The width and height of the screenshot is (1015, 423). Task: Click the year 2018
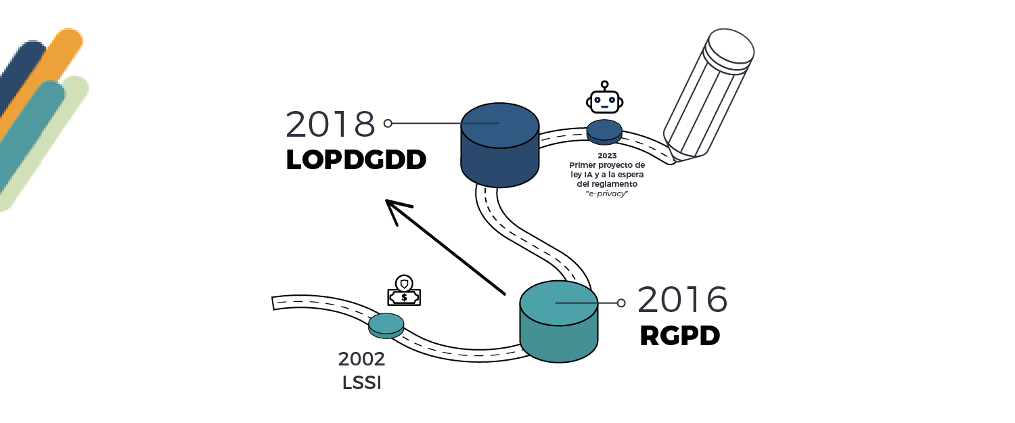330,125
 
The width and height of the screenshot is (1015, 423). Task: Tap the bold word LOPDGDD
356,160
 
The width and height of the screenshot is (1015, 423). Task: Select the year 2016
682,300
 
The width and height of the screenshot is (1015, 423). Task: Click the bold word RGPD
679,336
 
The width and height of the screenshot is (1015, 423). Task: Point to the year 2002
361,359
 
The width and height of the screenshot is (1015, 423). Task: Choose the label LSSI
362,382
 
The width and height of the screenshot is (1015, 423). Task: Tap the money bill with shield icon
404,293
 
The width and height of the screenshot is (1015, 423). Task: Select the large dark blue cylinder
499,146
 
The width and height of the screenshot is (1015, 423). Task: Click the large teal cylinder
558,323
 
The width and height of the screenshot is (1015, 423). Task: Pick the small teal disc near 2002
386,325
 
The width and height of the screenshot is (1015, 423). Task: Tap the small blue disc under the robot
604,131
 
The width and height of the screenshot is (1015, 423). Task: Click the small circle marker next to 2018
388,123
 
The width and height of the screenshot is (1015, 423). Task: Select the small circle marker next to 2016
621,303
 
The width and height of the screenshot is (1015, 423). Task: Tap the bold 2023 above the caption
607,156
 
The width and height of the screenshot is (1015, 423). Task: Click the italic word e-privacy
607,194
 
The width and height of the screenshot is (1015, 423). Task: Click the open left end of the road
273,303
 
